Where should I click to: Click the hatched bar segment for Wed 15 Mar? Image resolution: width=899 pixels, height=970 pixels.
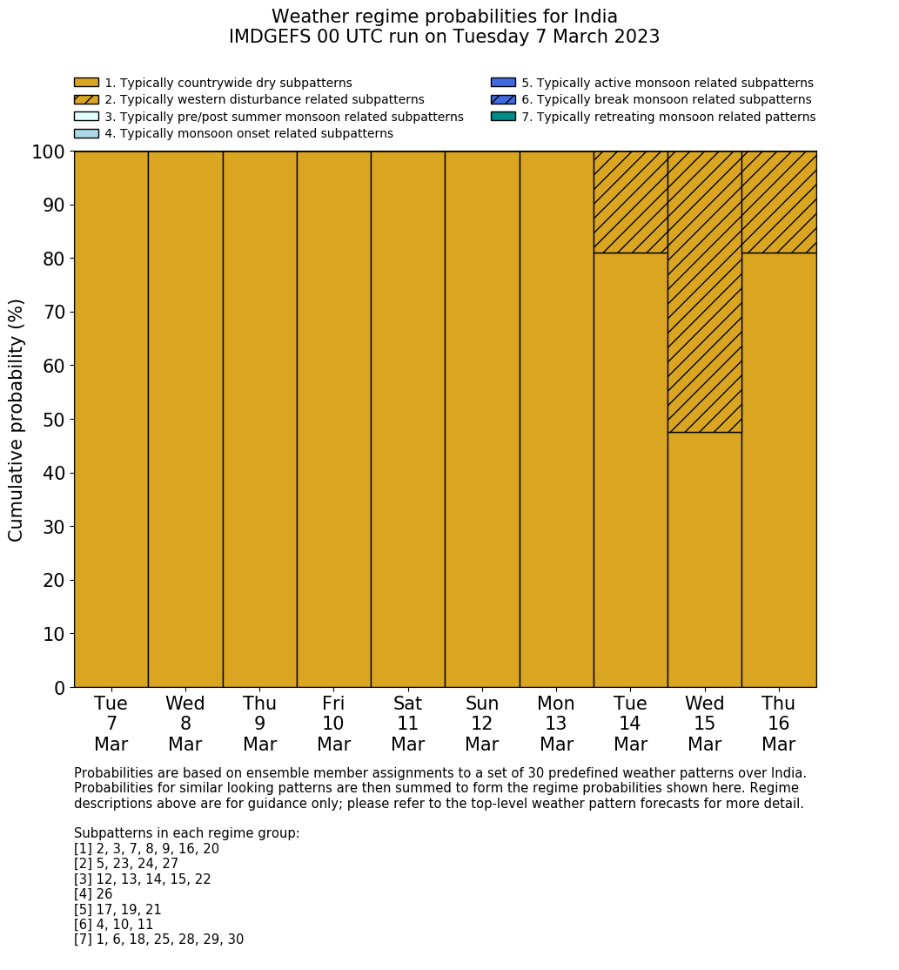(704, 292)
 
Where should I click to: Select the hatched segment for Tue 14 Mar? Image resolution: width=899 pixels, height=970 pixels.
(630, 202)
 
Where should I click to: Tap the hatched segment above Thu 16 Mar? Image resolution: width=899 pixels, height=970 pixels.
(779, 202)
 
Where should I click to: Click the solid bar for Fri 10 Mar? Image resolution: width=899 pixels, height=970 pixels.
(333, 419)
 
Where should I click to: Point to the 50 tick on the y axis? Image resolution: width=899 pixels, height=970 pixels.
(54, 420)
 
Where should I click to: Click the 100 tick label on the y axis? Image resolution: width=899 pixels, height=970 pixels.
(48, 152)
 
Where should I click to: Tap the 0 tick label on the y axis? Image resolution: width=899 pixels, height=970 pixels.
(59, 688)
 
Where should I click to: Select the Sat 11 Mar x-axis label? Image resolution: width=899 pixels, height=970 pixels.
(407, 724)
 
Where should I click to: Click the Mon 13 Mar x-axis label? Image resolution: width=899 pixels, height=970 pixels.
(556, 724)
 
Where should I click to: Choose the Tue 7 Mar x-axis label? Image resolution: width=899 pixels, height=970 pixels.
(111, 724)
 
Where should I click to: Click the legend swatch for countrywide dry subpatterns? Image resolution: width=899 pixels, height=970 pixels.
(86, 83)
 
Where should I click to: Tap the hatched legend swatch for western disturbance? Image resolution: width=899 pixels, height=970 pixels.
(86, 99)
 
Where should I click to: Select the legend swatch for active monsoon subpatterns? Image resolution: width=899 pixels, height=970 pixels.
(503, 83)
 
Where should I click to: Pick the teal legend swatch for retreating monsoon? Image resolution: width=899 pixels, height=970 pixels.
(503, 116)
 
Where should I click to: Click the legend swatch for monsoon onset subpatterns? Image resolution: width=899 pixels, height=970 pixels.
(86, 133)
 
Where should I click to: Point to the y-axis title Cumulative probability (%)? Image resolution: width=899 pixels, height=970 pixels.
(17, 420)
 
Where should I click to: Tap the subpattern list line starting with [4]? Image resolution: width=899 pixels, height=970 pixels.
(93, 894)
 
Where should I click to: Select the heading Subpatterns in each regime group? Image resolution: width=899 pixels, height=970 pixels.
(186, 833)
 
